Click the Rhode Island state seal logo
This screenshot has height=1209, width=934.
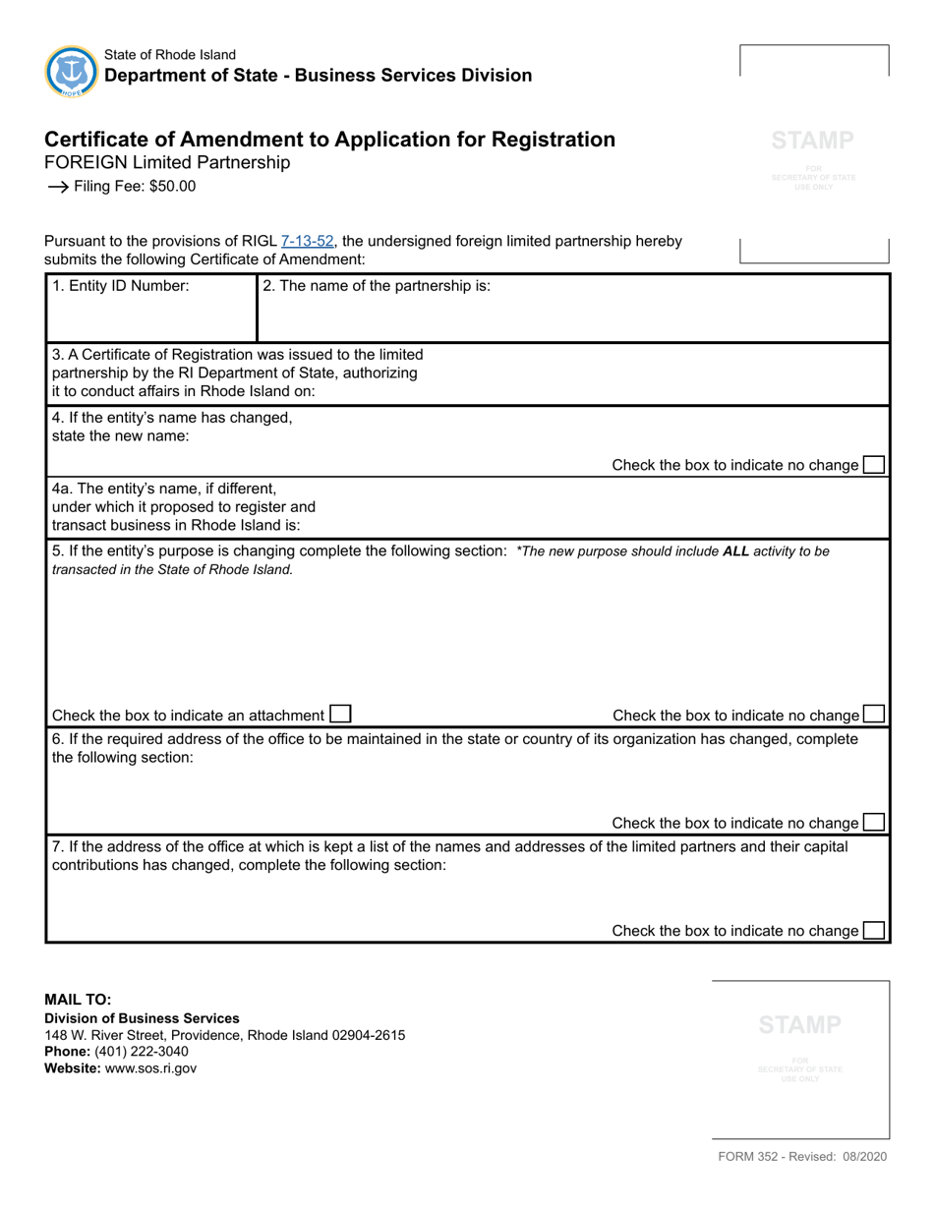(x=71, y=71)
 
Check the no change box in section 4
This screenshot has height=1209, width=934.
(x=873, y=465)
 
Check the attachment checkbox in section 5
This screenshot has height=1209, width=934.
(x=340, y=715)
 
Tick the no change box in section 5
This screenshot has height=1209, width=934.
(x=873, y=715)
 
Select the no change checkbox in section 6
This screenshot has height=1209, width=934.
(x=873, y=823)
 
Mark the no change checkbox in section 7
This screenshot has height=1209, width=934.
(x=873, y=930)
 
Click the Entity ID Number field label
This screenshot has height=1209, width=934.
(x=120, y=287)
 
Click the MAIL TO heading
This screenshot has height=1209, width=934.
(x=86, y=1000)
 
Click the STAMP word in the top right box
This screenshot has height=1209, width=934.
(x=813, y=141)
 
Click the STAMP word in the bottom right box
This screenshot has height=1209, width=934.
(x=800, y=1025)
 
